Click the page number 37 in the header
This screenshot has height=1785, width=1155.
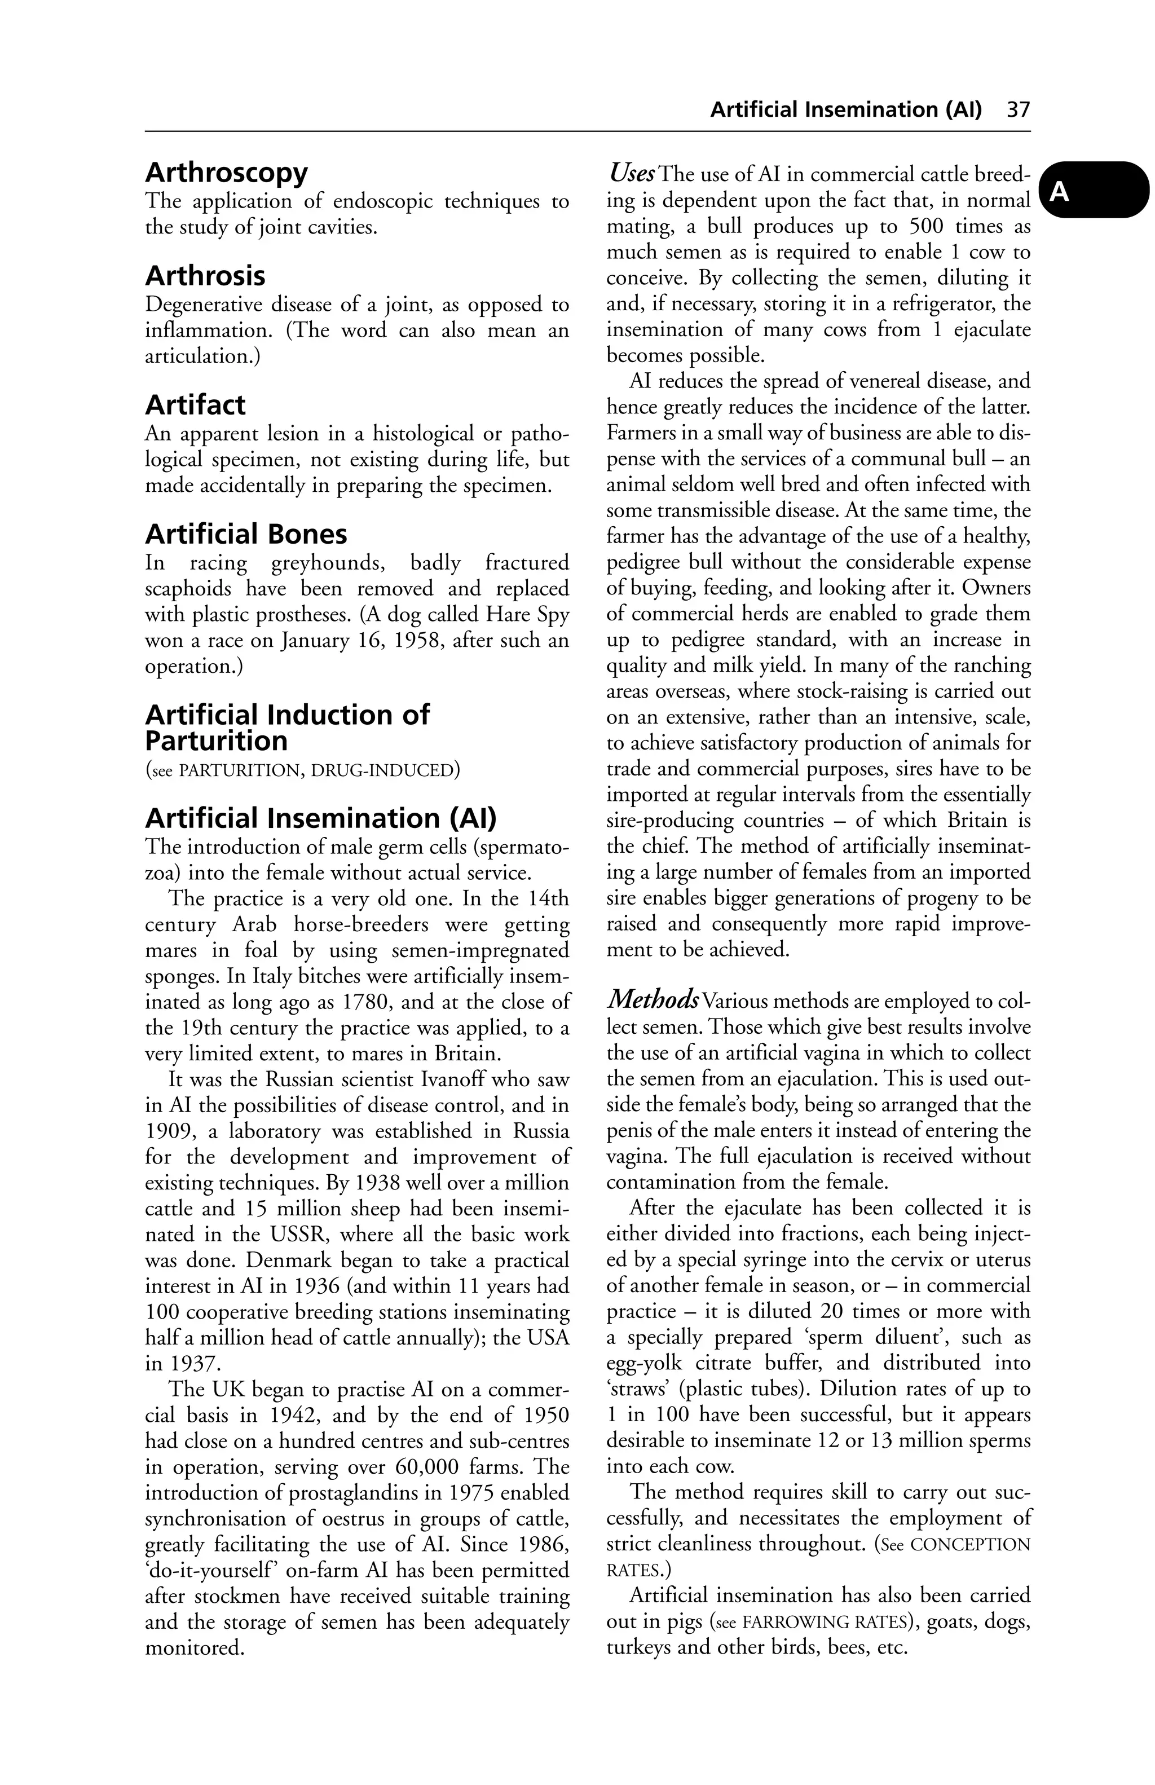pyautogui.click(x=1019, y=110)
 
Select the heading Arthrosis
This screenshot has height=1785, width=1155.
pyautogui.click(x=205, y=276)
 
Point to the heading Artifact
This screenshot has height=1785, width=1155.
pyautogui.click(x=195, y=405)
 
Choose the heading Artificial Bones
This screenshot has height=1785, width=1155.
pyautogui.click(x=246, y=535)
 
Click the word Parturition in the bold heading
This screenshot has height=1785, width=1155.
pyautogui.click(x=216, y=742)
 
